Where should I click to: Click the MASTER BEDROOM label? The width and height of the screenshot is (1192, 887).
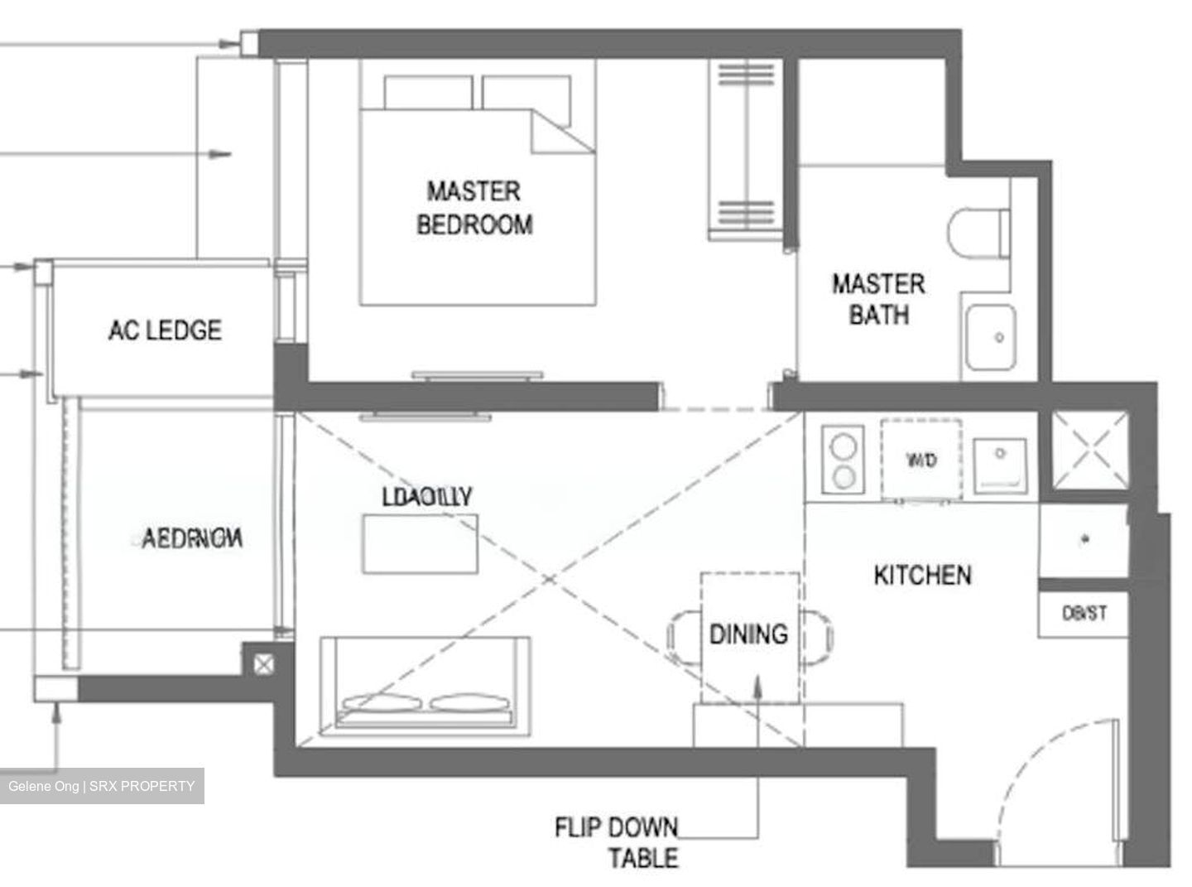474,208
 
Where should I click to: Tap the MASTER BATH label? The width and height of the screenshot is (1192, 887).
878,299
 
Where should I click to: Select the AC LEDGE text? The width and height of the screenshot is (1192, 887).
165,330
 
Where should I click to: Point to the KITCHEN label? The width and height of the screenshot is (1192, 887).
922,575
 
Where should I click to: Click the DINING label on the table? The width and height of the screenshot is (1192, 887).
748,634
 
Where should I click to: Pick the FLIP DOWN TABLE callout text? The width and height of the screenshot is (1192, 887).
617,841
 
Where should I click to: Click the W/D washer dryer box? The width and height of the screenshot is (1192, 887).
921,460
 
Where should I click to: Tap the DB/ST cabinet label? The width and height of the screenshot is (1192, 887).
1084,614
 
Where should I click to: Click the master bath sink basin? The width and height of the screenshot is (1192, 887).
990,337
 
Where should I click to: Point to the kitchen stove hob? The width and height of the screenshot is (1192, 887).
844,460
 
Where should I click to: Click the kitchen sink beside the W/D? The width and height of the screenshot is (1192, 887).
1000,461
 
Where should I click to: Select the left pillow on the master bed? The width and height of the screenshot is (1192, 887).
428,91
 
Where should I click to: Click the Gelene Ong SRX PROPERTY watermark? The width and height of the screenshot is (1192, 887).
102,786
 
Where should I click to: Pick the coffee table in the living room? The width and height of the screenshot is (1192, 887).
420,543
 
